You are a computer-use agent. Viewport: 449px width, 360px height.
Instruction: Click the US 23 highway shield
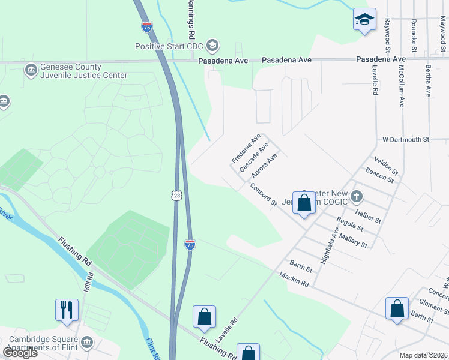pyautogui.click(x=176, y=196)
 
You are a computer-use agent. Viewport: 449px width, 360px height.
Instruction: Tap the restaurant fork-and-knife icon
pyautogui.click(x=67, y=310)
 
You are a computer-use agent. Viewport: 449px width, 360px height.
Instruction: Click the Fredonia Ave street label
pyautogui.click(x=246, y=149)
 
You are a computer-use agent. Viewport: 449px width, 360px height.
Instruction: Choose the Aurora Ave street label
pyautogui.click(x=264, y=166)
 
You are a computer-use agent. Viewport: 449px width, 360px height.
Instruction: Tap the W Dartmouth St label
pyautogui.click(x=406, y=139)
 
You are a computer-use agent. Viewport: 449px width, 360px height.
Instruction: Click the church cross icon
pyautogui.click(x=357, y=196)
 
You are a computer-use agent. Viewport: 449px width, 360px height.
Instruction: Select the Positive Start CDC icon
pyautogui.click(x=211, y=46)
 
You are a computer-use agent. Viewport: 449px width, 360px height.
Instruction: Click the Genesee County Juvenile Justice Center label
pyautogui.click(x=75, y=71)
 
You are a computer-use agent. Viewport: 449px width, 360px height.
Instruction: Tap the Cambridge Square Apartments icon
pyautogui.click(x=88, y=343)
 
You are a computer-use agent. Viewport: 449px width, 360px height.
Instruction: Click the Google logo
pyautogui.click(x=20, y=352)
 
